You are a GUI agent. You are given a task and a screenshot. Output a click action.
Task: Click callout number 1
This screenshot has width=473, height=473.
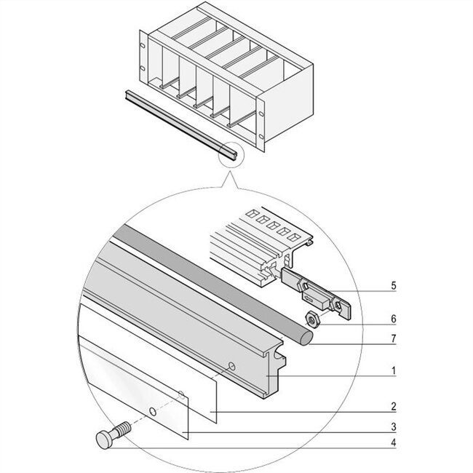394,371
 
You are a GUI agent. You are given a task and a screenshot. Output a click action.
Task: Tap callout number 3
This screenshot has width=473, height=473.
394,426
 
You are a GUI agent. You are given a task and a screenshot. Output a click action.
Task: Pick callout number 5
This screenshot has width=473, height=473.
394,287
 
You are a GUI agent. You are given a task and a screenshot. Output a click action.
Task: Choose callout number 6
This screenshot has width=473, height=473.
394,319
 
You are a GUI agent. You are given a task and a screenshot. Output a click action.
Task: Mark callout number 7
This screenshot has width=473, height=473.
394,338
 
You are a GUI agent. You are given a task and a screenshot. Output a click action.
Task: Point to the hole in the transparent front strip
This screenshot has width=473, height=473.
152,412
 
